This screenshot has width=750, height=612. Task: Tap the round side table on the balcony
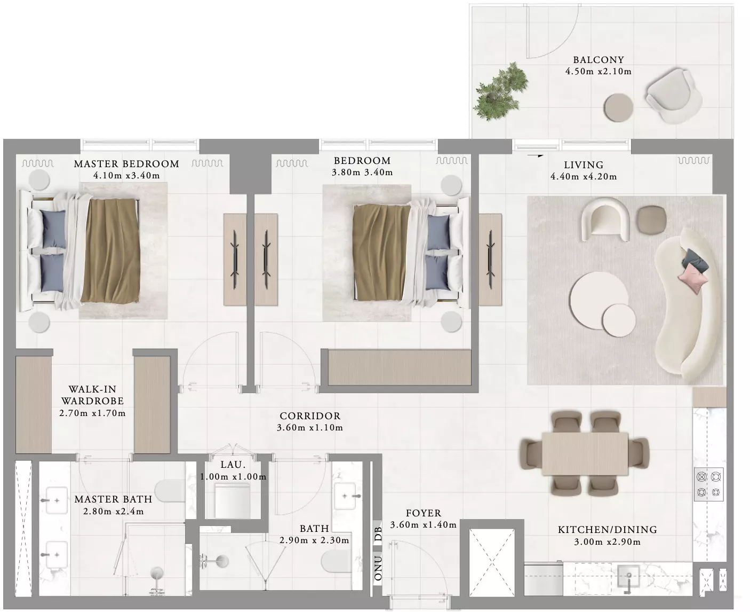(618, 107)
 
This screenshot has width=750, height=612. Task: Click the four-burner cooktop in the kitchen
(708, 484)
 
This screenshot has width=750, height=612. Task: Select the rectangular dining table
(585, 453)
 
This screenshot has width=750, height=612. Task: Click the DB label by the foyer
(378, 533)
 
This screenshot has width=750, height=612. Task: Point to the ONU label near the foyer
(378, 568)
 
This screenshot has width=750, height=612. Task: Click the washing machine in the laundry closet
(233, 500)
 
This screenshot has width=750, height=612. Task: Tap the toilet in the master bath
(170, 491)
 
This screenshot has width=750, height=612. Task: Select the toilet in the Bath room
(336, 561)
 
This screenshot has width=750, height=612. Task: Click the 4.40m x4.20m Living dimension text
(584, 177)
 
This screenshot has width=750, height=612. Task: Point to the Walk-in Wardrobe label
(93, 395)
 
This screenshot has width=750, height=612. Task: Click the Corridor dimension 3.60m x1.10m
(310, 428)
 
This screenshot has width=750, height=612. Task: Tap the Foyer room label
(423, 513)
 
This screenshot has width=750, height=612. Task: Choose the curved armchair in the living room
(605, 219)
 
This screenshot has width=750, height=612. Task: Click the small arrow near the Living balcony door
(535, 155)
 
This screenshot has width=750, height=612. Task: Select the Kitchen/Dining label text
(608, 530)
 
